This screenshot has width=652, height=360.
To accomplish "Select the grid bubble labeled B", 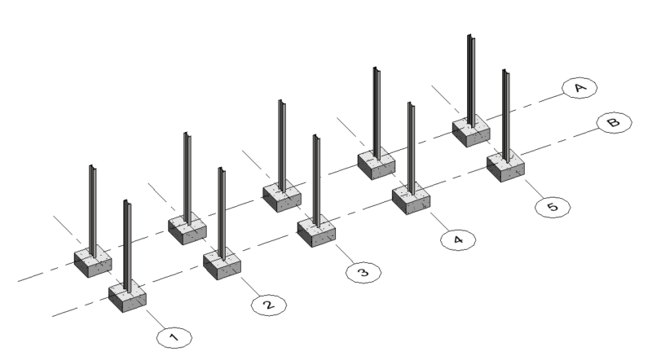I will coord(612,122).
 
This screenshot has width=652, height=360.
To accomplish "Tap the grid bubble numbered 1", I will coord(172,334).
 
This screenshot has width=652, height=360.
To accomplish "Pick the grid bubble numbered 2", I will coord(267,305).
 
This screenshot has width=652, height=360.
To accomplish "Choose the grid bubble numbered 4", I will coord(457,239).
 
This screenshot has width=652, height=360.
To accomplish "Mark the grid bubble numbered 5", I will coord(552,207).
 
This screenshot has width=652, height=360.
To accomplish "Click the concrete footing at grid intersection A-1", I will coord(93,261).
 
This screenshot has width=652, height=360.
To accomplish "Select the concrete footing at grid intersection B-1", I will coord(127,295).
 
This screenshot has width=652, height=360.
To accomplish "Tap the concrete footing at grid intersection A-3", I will coord(282,197).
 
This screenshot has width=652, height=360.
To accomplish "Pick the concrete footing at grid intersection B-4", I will coord(411,199).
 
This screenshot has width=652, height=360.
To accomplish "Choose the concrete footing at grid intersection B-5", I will coord(505,166).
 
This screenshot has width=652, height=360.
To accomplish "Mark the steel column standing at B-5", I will coord(505,114).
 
